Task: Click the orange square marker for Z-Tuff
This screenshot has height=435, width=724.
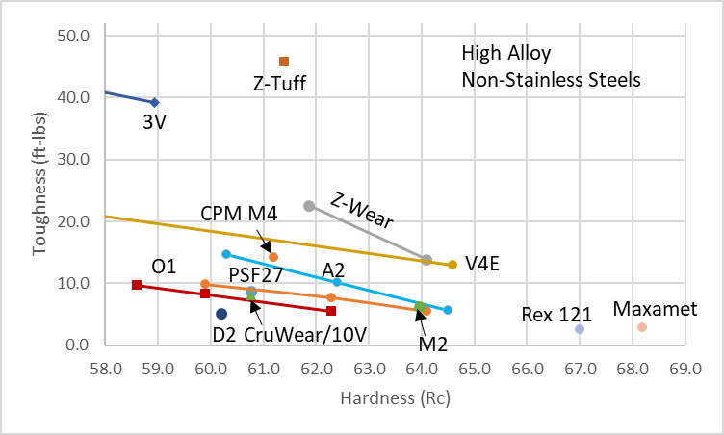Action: coord(284,62)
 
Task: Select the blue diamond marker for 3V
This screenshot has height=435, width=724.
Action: coord(154,102)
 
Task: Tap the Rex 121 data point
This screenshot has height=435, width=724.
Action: coord(580,329)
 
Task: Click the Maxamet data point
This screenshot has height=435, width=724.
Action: coord(642,327)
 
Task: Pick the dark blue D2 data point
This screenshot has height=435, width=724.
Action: coord(221,314)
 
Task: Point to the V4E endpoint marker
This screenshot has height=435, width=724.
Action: coord(452,265)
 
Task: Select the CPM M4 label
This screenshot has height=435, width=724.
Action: coord(239,214)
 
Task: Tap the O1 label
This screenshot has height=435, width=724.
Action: coord(164,266)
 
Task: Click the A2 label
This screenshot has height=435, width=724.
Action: coord(333,269)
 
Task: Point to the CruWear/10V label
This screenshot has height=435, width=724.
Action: coord(297,335)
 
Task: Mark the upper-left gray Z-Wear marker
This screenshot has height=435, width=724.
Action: coord(309,206)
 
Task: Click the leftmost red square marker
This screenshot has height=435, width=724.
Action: coord(137,285)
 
